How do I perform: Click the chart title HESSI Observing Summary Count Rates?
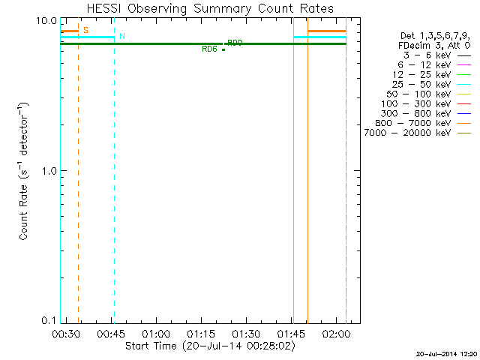click(x=209, y=8)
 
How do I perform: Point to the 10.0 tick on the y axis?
click(x=47, y=20)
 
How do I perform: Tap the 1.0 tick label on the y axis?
click(x=47, y=170)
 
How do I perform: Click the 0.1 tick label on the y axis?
click(x=47, y=320)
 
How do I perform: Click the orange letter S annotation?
click(x=85, y=30)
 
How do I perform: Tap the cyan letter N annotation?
click(x=122, y=36)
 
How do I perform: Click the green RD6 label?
click(x=209, y=49)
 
